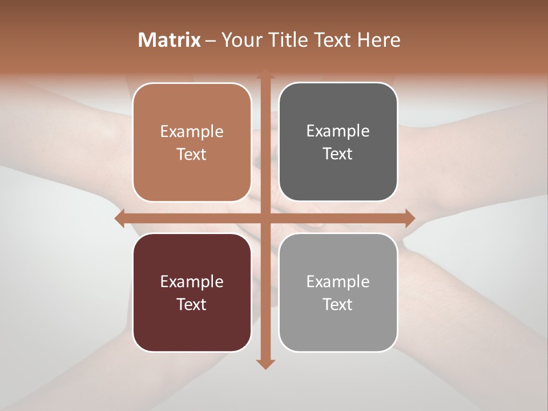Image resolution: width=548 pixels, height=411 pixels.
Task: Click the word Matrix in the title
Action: (170, 40)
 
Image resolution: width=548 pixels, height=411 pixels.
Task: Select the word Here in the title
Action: (378, 40)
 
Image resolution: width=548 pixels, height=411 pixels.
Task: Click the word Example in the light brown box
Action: (192, 132)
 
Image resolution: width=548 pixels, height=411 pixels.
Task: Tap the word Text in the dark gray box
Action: (338, 154)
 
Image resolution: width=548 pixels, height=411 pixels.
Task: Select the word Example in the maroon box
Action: (192, 281)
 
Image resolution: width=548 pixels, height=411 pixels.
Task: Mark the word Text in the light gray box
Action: (338, 304)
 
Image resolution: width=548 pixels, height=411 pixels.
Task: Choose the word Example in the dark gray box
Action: (338, 131)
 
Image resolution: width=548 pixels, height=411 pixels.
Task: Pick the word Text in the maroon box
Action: (192, 304)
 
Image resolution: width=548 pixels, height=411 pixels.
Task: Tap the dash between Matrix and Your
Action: (211, 41)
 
